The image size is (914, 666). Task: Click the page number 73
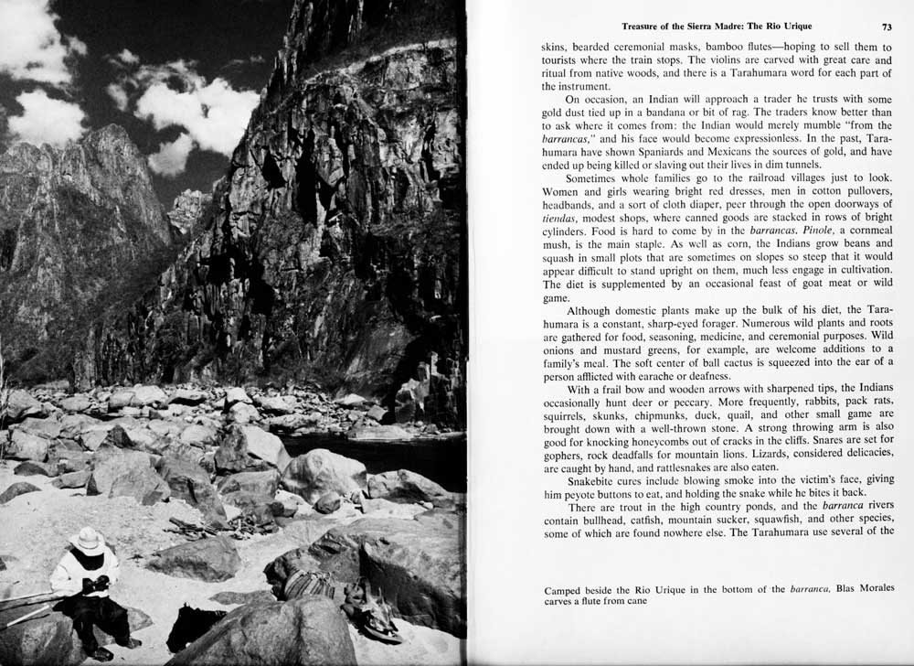(887, 27)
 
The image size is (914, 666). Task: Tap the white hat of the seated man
(88, 540)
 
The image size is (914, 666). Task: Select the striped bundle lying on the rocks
(309, 585)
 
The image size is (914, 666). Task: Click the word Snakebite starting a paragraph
(597, 478)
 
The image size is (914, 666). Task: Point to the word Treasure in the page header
(648, 27)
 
